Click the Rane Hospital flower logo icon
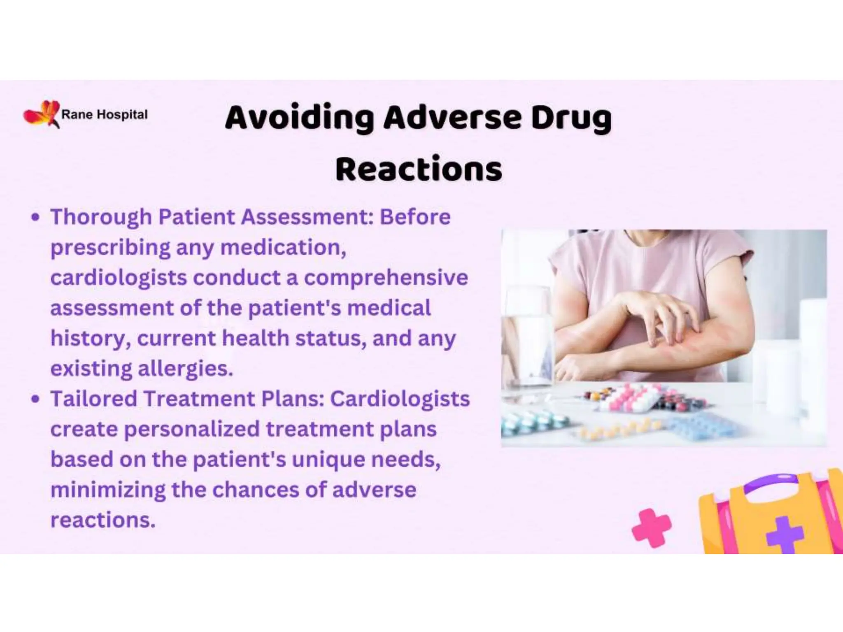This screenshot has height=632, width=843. pos(42,114)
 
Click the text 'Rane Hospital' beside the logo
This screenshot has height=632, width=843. pos(104,114)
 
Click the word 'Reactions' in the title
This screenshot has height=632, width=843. pos(419,170)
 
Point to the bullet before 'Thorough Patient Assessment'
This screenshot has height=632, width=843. pos(35,217)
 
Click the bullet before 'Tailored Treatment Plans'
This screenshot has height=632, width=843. pos(35,399)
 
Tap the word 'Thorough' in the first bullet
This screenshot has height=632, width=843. pos(101,217)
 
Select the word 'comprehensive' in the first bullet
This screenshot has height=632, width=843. pos(386,277)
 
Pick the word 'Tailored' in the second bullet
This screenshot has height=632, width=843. pos(93,399)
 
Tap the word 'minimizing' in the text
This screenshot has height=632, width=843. pos(107,490)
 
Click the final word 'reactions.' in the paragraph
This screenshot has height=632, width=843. pos(103,520)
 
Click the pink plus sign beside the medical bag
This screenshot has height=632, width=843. pos(651,528)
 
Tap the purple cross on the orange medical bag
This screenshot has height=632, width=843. pos(784,534)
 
